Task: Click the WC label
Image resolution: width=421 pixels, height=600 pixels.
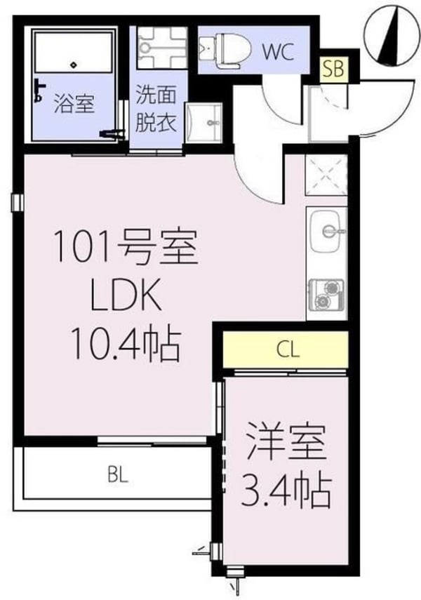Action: click(278, 50)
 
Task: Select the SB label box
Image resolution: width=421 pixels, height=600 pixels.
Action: click(334, 68)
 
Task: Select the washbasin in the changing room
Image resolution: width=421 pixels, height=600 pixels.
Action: click(205, 124)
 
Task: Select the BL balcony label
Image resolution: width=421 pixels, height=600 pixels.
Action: click(117, 475)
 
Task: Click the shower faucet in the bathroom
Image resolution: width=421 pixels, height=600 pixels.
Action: click(39, 90)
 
